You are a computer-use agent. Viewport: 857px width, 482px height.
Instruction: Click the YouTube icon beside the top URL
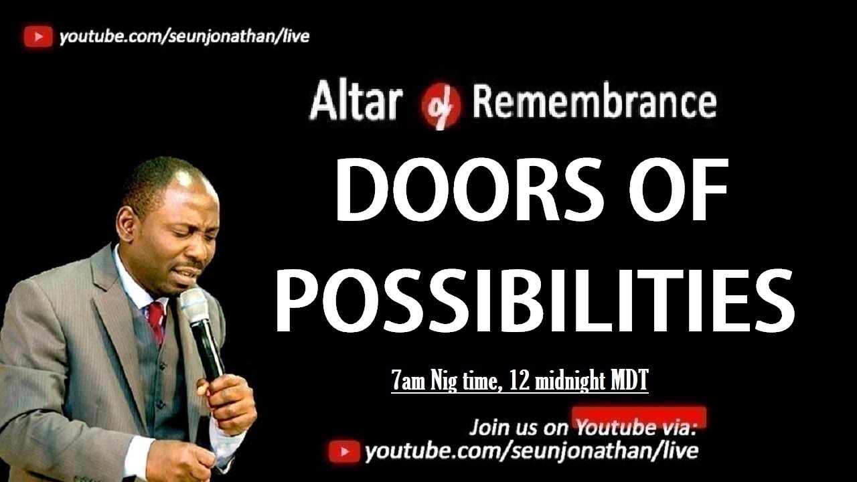coord(38,37)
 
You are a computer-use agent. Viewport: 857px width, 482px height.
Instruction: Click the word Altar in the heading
coord(356,103)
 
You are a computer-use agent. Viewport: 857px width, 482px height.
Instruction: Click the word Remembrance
coord(595,103)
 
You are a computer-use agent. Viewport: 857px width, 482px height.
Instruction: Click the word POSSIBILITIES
coord(534,297)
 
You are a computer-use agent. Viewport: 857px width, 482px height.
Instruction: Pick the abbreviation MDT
coord(629,382)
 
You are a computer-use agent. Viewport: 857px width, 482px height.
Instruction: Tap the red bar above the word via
coord(639,415)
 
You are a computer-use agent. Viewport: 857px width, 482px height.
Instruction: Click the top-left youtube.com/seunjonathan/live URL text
coord(184,37)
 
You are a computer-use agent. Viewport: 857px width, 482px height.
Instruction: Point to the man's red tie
coord(156,321)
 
